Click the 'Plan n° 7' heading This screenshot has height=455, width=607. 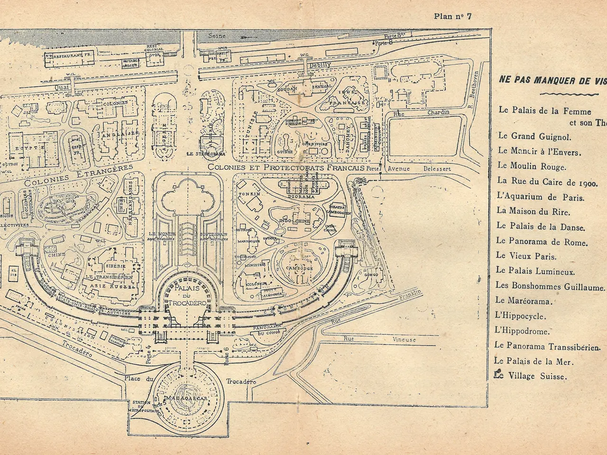[453, 17]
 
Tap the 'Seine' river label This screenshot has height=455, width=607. [219, 36]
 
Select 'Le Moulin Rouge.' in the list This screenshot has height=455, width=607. [525, 166]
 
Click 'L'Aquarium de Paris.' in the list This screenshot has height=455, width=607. [541, 197]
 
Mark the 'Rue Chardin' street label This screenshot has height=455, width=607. [424, 113]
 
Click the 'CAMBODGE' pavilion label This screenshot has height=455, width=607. [299, 268]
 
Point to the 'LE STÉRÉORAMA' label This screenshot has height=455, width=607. [205, 154]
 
